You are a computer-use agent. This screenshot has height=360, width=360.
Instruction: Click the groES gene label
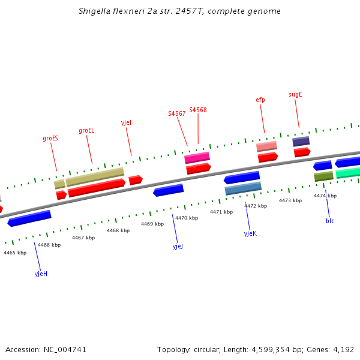tap(50, 138)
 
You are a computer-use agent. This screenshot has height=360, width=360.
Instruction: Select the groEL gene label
tap(86, 130)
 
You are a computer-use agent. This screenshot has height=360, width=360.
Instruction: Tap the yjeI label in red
tap(126, 122)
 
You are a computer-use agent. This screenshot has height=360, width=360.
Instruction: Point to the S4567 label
tap(176, 113)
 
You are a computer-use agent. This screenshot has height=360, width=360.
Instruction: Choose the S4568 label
tap(198, 110)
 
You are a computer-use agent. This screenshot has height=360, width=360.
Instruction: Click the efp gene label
tap(260, 100)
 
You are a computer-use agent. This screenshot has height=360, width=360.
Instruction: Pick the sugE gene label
tap(295, 94)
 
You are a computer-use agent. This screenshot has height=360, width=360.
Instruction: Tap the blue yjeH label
tap(41, 274)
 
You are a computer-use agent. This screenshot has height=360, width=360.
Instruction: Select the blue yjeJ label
tap(178, 246)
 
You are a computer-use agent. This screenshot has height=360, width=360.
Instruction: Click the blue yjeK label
tap(250, 233)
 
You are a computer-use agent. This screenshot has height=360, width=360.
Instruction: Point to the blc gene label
tap(330, 221)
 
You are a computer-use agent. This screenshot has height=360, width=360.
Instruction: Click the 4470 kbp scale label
tap(186, 218)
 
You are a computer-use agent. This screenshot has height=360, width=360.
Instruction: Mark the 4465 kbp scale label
tap(15, 253)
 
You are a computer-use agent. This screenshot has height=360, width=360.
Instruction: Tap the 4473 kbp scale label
tap(290, 200)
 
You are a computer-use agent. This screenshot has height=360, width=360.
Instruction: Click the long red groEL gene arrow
tap(96, 188)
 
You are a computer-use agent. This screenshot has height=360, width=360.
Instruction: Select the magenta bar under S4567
tap(197, 158)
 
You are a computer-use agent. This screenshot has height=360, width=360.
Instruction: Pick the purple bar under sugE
tap(301, 142)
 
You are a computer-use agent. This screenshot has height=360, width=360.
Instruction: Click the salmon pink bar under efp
tap(266, 146)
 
